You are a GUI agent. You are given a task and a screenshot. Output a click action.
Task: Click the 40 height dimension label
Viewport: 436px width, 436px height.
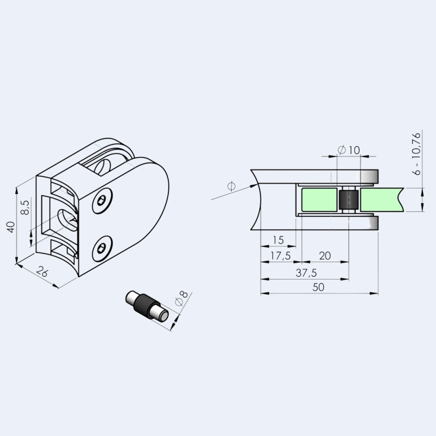click(11, 227)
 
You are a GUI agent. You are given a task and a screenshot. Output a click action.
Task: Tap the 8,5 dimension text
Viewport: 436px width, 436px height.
click(25, 208)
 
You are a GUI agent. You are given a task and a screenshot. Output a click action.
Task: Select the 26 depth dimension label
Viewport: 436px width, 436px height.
click(43, 271)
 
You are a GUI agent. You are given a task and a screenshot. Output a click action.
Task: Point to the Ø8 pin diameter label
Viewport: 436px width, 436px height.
click(181, 298)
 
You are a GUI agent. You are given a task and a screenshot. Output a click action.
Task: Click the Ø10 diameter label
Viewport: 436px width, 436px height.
click(349, 150)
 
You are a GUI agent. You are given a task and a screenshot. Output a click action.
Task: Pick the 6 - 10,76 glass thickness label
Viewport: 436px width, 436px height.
click(416, 154)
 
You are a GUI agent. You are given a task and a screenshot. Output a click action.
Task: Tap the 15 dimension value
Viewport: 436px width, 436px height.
click(278, 240)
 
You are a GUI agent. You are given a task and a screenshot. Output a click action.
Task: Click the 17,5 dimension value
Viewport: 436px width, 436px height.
click(280, 256)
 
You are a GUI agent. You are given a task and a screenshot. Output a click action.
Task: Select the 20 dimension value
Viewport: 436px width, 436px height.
click(325, 256)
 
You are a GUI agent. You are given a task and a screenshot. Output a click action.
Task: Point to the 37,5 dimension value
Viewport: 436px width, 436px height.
click(306, 273)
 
